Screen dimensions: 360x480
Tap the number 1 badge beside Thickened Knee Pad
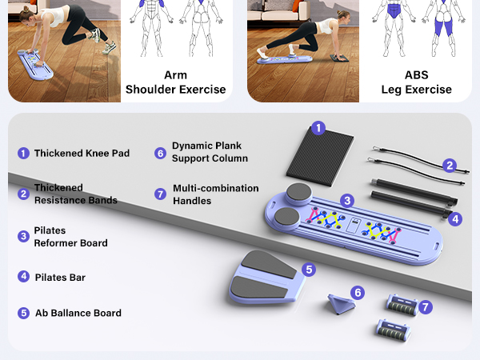pos(23,153)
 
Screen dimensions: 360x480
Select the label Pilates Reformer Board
pos(70,237)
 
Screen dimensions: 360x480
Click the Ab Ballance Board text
pos(78,313)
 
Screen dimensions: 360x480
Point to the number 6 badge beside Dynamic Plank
pos(160,152)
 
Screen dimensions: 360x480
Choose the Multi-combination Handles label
pos(215,194)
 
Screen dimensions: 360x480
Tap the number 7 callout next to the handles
pos(426,306)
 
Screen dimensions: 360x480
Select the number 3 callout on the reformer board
pos(346,200)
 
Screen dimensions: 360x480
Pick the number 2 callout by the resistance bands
pos(450,166)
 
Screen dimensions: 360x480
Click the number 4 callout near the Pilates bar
pos(454,218)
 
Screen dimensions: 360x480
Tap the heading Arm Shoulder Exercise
pos(175,82)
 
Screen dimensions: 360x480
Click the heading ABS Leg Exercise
pos(416,82)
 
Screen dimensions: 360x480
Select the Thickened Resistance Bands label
pos(75,194)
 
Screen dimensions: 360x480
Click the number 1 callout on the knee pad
pos(318,127)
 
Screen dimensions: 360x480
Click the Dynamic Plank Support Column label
pos(210,152)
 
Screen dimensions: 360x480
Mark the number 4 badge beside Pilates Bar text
pos(23,277)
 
